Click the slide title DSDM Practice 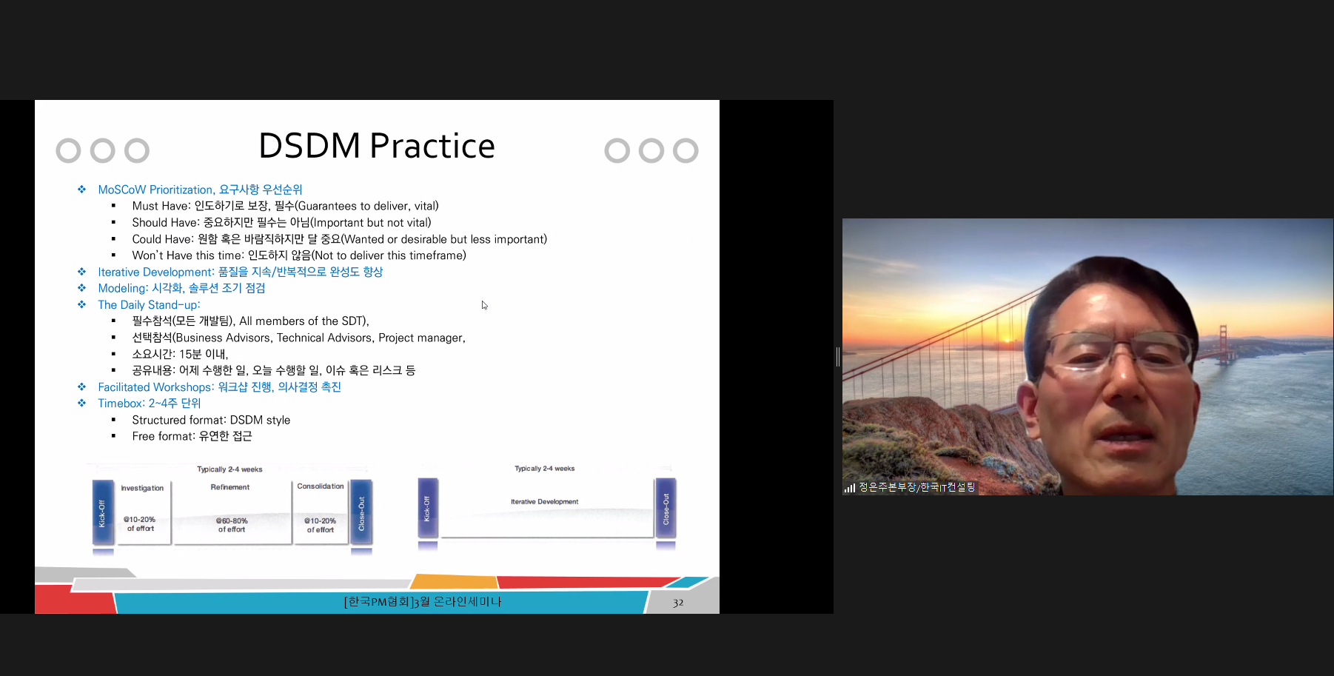click(x=376, y=146)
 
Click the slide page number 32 click(x=678, y=603)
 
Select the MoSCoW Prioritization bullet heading click(x=200, y=190)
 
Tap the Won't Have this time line click(x=299, y=255)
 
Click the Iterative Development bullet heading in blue click(x=240, y=272)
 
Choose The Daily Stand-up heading click(x=149, y=305)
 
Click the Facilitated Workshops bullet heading click(x=219, y=387)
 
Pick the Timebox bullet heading click(x=149, y=404)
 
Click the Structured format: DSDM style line click(x=211, y=420)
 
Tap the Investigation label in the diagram click(x=142, y=488)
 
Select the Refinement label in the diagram click(x=230, y=487)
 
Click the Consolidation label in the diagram click(x=321, y=486)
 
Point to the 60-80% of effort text click(x=232, y=525)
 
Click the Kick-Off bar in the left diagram click(x=102, y=513)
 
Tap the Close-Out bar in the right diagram click(x=666, y=509)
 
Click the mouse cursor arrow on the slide click(x=484, y=305)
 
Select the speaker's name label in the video click(x=916, y=487)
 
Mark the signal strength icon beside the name click(x=850, y=488)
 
